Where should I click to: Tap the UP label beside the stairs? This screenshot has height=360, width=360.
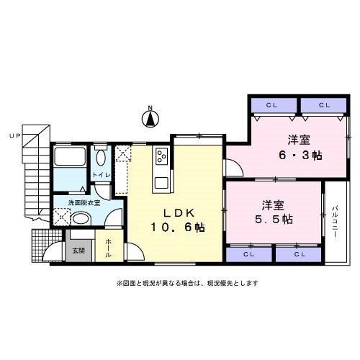(x=15, y=136)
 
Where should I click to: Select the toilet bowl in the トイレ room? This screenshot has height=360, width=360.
(x=101, y=158)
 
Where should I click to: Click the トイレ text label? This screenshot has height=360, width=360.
(x=102, y=175)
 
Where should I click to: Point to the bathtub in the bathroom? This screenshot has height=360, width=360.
(x=70, y=156)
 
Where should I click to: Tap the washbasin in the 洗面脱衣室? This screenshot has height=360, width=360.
(x=81, y=218)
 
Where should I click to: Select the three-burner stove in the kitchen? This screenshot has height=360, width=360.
(x=161, y=156)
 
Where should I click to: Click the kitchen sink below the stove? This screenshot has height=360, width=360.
(x=161, y=183)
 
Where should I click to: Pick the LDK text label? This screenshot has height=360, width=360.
(x=179, y=213)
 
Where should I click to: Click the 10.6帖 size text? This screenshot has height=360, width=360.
(x=178, y=227)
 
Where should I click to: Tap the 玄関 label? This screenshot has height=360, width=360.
(x=78, y=251)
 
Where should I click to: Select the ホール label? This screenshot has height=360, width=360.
(x=108, y=248)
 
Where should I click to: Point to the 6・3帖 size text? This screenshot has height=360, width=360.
(x=300, y=156)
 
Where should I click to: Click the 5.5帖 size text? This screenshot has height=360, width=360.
(x=274, y=220)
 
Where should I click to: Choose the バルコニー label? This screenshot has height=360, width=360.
(x=335, y=222)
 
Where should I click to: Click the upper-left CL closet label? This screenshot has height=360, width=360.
(x=271, y=105)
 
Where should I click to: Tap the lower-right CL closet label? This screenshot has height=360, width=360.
(x=300, y=254)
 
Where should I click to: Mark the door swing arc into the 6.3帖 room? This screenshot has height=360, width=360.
(x=236, y=166)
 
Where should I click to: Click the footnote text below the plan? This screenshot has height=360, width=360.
(x=187, y=283)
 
